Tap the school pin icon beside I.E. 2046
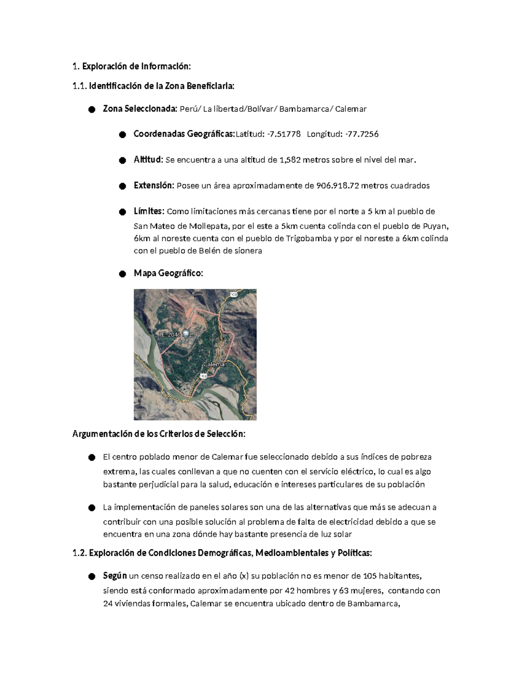pyautogui.click(x=186, y=334)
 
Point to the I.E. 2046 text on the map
pyautogui.click(x=169, y=335)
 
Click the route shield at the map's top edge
pyautogui.click(x=234, y=294)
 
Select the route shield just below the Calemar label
pyautogui.click(x=203, y=375)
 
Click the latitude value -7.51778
pyautogui.click(x=284, y=134)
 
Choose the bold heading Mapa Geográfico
pyautogui.click(x=168, y=273)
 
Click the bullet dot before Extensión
pyautogui.click(x=122, y=186)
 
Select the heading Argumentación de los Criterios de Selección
pyautogui.click(x=159, y=434)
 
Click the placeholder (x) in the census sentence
pyautogui.click(x=244, y=576)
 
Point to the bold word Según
pyautogui.click(x=115, y=576)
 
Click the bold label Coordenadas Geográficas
pyautogui.click(x=184, y=134)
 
